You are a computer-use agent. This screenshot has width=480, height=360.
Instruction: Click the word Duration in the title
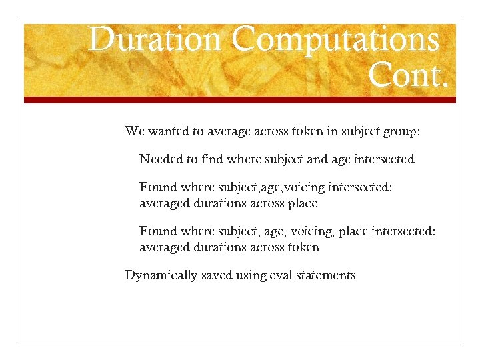(x=155, y=39)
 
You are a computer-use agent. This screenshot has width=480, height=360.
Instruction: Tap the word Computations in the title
(x=336, y=39)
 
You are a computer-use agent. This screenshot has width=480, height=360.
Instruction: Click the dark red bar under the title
(x=240, y=100)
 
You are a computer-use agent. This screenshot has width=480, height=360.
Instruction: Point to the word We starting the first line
(x=134, y=131)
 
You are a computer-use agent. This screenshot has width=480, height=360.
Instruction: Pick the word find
(x=213, y=159)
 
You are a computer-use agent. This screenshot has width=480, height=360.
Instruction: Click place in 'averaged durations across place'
(x=303, y=203)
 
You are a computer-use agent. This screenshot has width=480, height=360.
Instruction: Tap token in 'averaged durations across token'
(x=303, y=247)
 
